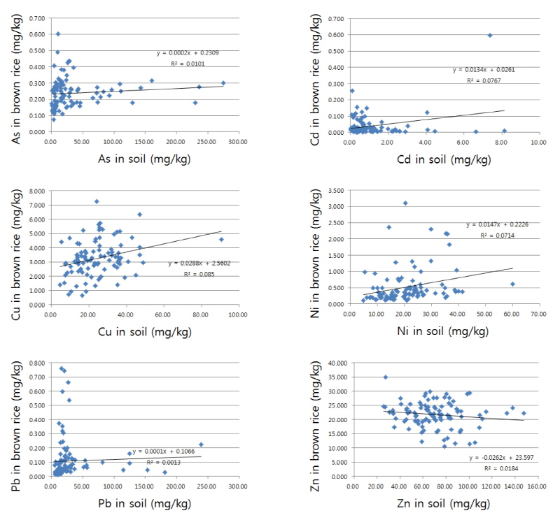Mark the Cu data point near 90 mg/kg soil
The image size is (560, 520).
coord(221,239)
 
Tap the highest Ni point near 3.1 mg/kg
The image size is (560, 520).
coord(405,203)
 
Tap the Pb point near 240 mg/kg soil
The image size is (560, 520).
coord(201,444)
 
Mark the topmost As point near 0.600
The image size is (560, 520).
coord(58,34)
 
